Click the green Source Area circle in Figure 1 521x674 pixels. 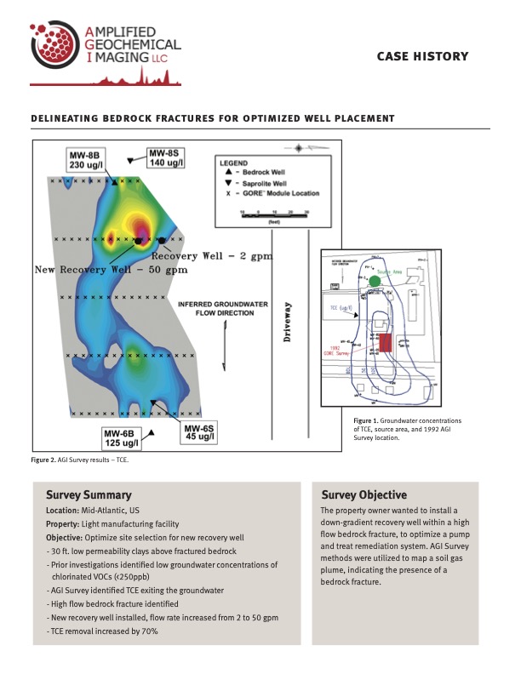(x=375, y=281)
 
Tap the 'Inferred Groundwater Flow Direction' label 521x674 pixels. (x=216, y=308)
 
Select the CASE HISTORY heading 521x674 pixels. (x=422, y=56)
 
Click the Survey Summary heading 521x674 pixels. (x=89, y=494)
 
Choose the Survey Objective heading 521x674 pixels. (x=364, y=494)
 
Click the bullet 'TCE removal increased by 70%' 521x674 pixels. (x=103, y=631)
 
